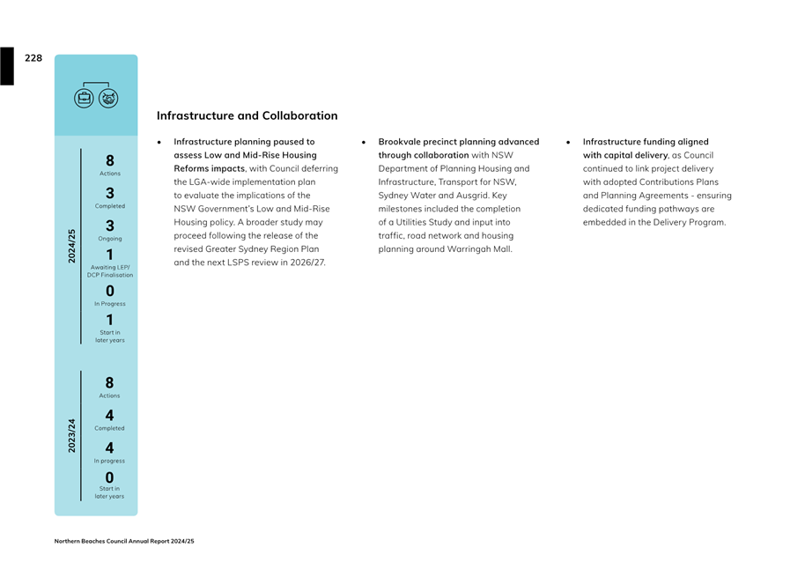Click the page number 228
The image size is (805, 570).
(33, 58)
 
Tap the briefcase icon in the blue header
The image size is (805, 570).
(85, 98)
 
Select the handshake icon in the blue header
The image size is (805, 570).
(108, 98)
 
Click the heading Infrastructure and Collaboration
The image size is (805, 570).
(247, 115)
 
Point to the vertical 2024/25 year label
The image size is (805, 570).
(72, 246)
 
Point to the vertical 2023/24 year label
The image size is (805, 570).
(72, 436)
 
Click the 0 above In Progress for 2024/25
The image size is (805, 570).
(110, 291)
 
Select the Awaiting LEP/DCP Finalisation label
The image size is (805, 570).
(110, 270)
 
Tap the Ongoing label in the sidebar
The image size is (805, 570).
(110, 239)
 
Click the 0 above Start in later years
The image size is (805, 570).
(110, 477)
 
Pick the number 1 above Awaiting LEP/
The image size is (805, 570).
(110, 255)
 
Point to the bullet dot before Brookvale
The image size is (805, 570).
(364, 142)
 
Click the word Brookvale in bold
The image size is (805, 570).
(401, 142)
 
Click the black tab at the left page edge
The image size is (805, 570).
(7, 66)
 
